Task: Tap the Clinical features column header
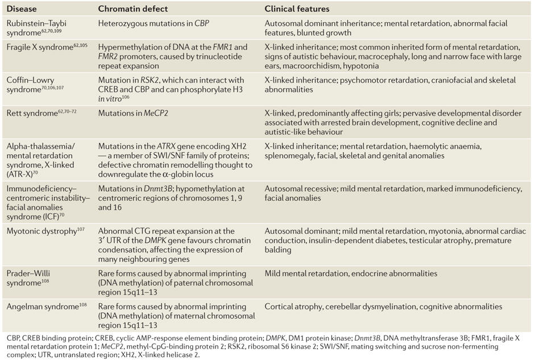pyautogui.click(x=297, y=9)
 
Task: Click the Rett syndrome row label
pyautogui.click(x=32, y=113)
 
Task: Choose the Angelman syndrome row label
pyautogui.click(x=43, y=306)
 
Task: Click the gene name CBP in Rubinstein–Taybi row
pyautogui.click(x=202, y=24)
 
